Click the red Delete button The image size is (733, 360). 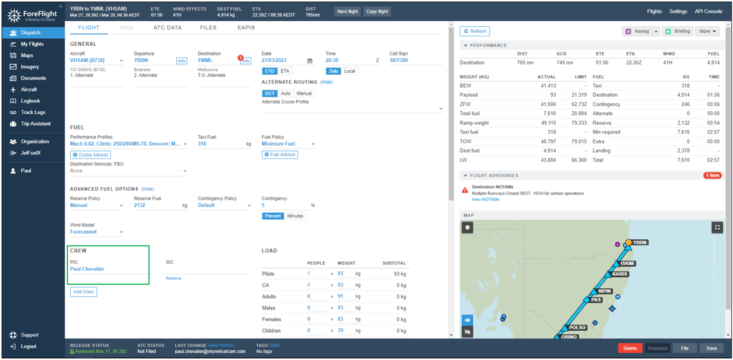[629, 348]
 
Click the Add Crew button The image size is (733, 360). [84, 292]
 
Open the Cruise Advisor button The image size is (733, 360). [90, 155]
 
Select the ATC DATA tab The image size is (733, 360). [167, 28]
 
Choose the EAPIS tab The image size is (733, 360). [246, 28]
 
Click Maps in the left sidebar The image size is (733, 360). [27, 55]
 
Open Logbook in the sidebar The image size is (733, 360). [30, 101]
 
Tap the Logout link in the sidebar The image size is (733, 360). [28, 346]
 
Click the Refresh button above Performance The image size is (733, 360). [475, 31]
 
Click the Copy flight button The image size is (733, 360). [377, 11]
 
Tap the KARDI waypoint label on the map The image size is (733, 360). [619, 274]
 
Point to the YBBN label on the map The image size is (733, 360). [639, 242]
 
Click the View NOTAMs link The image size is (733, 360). [485, 200]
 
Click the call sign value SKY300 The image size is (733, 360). [398, 60]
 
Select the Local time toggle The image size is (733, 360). [349, 71]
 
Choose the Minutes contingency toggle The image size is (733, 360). [295, 216]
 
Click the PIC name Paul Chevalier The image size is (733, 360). [87, 269]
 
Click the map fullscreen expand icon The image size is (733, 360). [717, 227]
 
